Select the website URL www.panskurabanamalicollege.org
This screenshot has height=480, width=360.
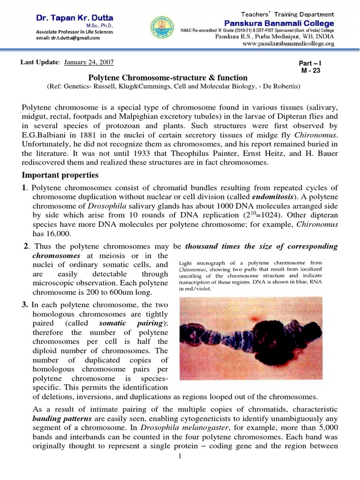point(288,44)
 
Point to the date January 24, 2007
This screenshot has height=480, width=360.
point(89,62)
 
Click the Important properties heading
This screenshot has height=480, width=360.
point(60,175)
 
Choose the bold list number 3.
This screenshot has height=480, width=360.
point(25,305)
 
